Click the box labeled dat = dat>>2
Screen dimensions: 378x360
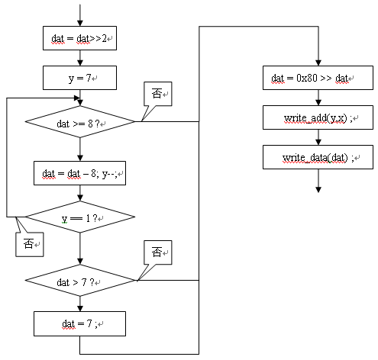click(x=79, y=38)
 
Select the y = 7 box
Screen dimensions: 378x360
click(x=79, y=78)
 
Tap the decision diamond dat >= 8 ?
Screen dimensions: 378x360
click(x=80, y=121)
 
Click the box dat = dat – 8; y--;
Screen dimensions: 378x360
click(x=79, y=173)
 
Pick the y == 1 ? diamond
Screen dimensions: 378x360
click(x=80, y=217)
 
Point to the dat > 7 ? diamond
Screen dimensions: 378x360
click(x=80, y=281)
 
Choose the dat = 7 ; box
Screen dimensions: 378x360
click(x=79, y=323)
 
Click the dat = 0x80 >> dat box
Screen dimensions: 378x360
click(x=318, y=78)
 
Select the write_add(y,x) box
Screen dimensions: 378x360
click(x=318, y=117)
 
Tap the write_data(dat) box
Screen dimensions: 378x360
click(x=318, y=157)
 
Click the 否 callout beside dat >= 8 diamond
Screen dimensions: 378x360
click(x=158, y=94)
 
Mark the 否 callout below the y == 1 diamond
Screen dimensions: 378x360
click(x=30, y=244)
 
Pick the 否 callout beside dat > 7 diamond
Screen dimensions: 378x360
click(x=158, y=252)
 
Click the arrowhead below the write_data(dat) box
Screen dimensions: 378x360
click(x=318, y=190)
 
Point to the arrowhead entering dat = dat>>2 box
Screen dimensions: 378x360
click(x=80, y=23)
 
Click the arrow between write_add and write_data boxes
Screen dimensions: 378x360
click(x=318, y=137)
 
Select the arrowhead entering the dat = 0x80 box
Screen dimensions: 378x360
click(x=318, y=63)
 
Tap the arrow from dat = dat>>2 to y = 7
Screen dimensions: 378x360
click(x=80, y=58)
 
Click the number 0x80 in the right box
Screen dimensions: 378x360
click(x=307, y=78)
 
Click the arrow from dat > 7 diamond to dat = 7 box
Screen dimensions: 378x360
click(x=80, y=304)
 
